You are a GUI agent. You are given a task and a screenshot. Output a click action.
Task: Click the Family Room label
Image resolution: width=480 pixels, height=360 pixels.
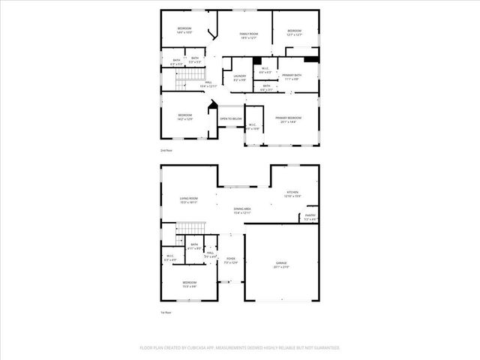[249, 34]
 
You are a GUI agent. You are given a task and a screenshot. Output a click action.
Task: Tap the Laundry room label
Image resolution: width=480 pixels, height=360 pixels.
[239, 76]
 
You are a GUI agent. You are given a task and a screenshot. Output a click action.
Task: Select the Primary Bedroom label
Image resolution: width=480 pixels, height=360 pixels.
[288, 118]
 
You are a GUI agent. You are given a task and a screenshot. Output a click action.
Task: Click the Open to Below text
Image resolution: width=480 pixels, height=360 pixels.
[230, 118]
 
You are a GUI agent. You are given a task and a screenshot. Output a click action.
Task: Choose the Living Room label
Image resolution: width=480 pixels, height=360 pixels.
[187, 199]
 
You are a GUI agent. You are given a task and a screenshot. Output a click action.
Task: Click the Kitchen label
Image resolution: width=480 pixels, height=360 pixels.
[292, 193]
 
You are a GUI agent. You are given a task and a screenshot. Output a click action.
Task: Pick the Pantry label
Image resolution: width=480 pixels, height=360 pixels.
[310, 217]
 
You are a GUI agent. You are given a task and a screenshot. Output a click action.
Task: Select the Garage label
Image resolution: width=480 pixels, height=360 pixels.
[281, 264]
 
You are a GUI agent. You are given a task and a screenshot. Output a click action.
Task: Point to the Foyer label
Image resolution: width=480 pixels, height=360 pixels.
[231, 259]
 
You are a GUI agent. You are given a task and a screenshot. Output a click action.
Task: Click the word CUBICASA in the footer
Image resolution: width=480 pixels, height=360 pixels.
[204, 347]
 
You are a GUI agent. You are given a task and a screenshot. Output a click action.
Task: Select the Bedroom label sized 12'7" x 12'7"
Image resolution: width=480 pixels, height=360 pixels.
[294, 31]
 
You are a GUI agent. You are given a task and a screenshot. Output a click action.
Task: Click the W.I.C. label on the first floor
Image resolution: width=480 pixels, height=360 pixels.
[170, 259]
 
